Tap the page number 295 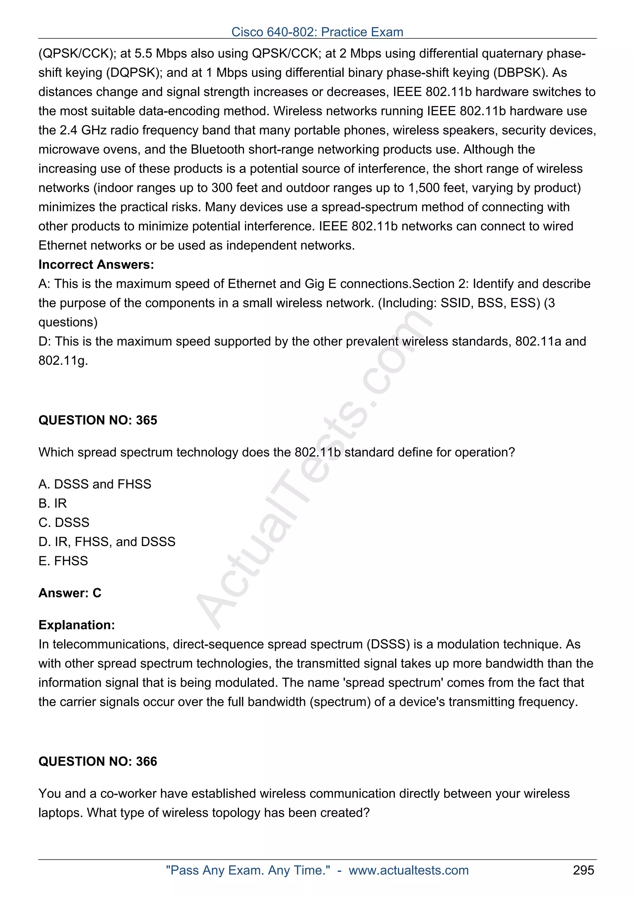tap(583, 870)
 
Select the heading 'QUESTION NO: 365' tap(98, 420)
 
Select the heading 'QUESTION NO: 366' tap(98, 761)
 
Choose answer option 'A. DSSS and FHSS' tap(95, 484)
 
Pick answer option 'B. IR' tap(52, 503)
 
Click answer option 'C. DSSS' tap(64, 522)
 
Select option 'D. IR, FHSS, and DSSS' tap(107, 542)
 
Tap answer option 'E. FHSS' tap(63, 561)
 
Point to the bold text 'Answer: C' tap(70, 593)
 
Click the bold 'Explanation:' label tap(77, 625)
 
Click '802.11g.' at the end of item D tap(63, 361)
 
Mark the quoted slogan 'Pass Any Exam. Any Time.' tap(248, 870)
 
